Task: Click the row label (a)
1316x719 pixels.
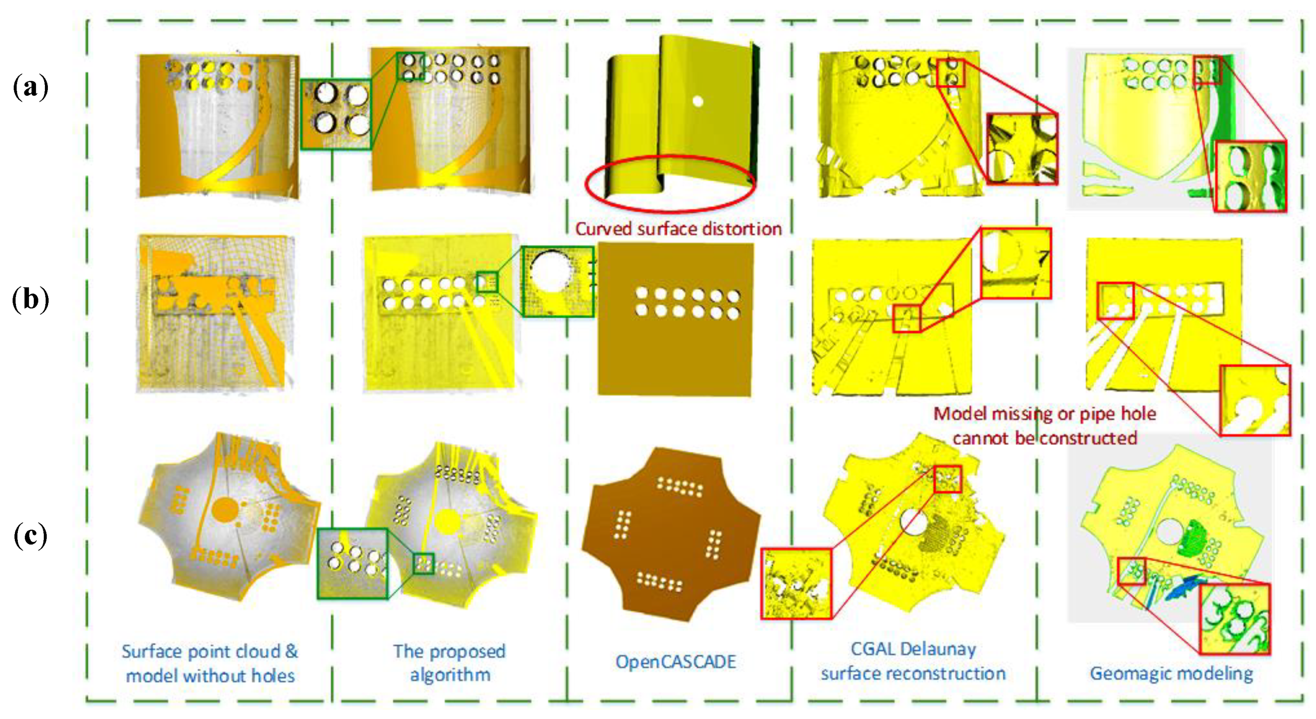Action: pyautogui.click(x=30, y=87)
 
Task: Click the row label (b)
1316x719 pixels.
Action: pyautogui.click(x=30, y=299)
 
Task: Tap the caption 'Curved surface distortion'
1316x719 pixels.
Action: pyautogui.click(x=678, y=229)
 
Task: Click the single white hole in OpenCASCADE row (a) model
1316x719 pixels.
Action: pyautogui.click(x=698, y=101)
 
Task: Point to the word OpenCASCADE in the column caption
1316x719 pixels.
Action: pyautogui.click(x=676, y=662)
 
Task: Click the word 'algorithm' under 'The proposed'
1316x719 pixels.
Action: pyautogui.click(x=450, y=675)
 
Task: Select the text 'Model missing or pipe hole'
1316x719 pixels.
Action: pyautogui.click(x=1044, y=413)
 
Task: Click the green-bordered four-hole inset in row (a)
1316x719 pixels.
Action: pyautogui.click(x=336, y=114)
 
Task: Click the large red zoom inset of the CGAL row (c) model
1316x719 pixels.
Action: pyautogui.click(x=796, y=583)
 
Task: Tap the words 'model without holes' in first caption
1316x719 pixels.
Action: pyautogui.click(x=210, y=676)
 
